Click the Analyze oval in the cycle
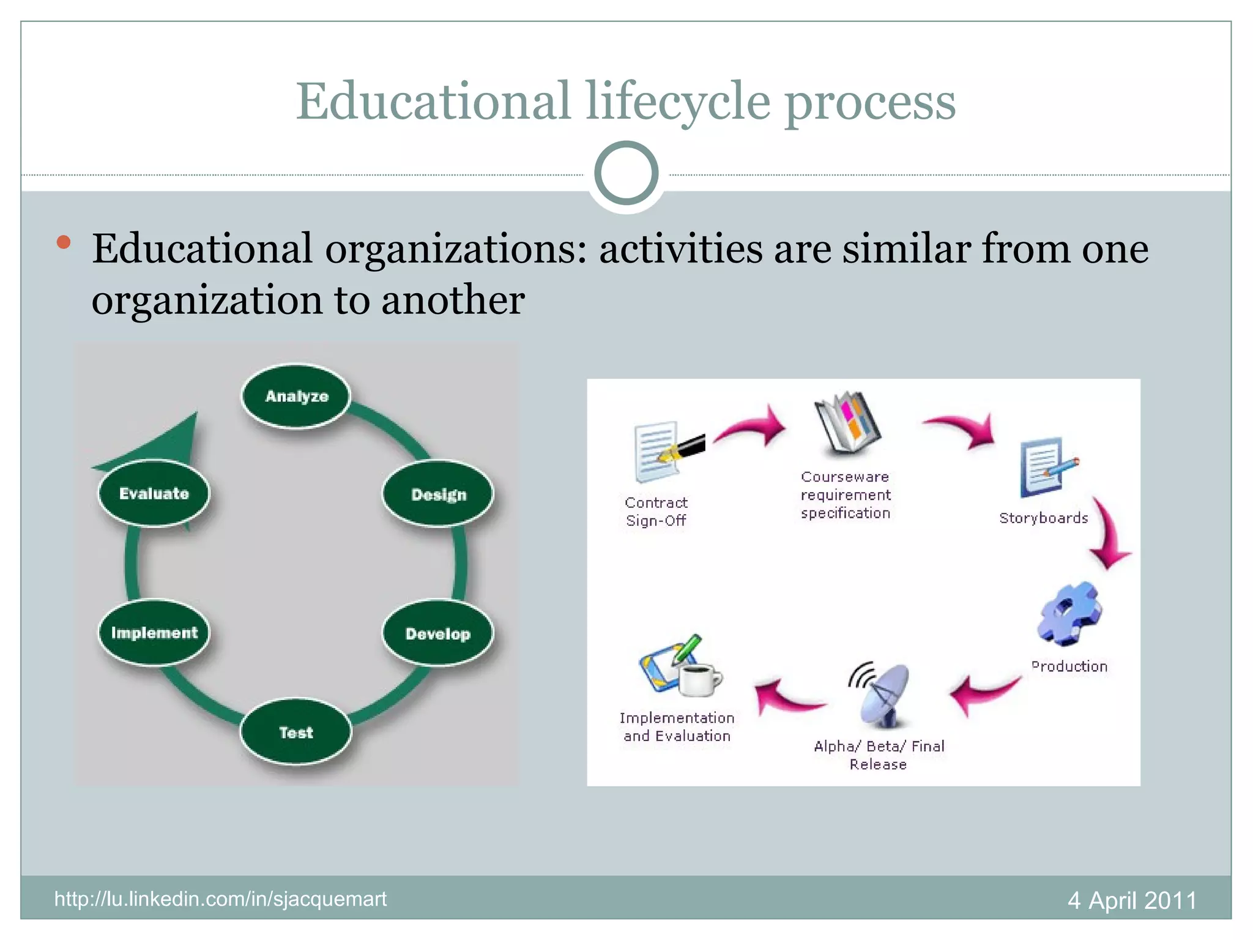point(296,397)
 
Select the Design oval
point(438,494)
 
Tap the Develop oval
point(438,633)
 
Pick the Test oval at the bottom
point(296,732)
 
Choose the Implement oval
point(154,633)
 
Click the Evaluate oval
point(154,493)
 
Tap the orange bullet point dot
point(63,242)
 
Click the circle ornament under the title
point(626,173)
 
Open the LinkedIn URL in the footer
point(220,899)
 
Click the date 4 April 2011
point(1132,900)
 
